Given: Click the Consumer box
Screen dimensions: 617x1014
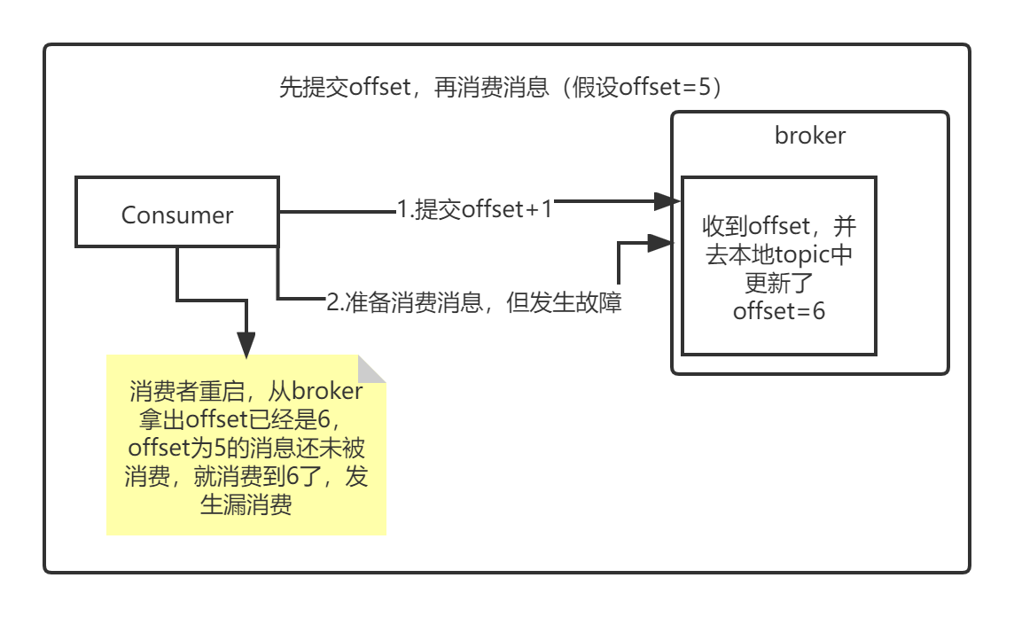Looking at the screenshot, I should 177,215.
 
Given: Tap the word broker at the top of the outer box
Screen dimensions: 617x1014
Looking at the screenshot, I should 810,135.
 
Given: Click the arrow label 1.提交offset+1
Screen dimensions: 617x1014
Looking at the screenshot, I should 474,209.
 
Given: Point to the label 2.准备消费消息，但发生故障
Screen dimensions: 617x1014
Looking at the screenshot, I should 474,302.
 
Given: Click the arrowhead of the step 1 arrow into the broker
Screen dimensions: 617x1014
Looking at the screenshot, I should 667,201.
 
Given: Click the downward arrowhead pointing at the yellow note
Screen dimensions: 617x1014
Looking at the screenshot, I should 246,344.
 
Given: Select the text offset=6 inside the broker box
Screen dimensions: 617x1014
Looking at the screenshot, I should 779,312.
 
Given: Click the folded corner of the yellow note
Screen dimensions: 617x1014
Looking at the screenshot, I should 373,368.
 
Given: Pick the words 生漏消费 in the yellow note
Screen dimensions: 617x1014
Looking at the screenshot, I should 247,505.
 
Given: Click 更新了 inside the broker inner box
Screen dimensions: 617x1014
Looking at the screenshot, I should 779,284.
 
